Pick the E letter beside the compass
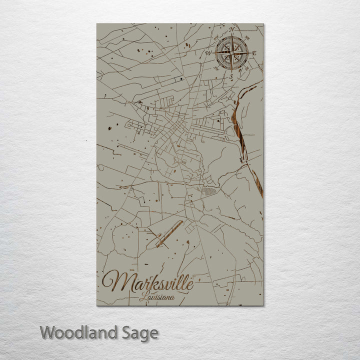[x=254, y=52]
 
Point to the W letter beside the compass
[x=208, y=52]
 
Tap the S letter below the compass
[x=231, y=76]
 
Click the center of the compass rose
[x=231, y=52]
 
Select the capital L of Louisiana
[x=143, y=298]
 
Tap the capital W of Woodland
[x=48, y=332]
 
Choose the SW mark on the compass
[x=216, y=67]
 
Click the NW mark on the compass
[x=216, y=37]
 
